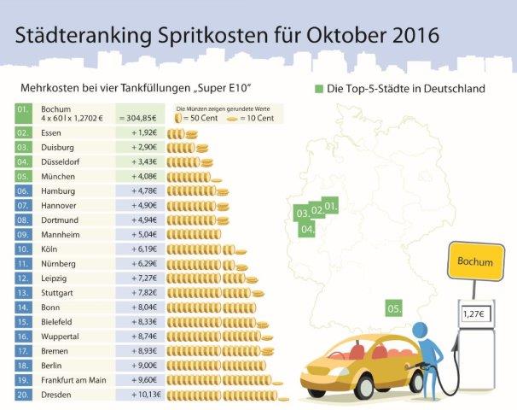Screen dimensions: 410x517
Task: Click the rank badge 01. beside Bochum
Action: (x=24, y=109)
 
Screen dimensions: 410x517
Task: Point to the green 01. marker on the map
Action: (x=331, y=206)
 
